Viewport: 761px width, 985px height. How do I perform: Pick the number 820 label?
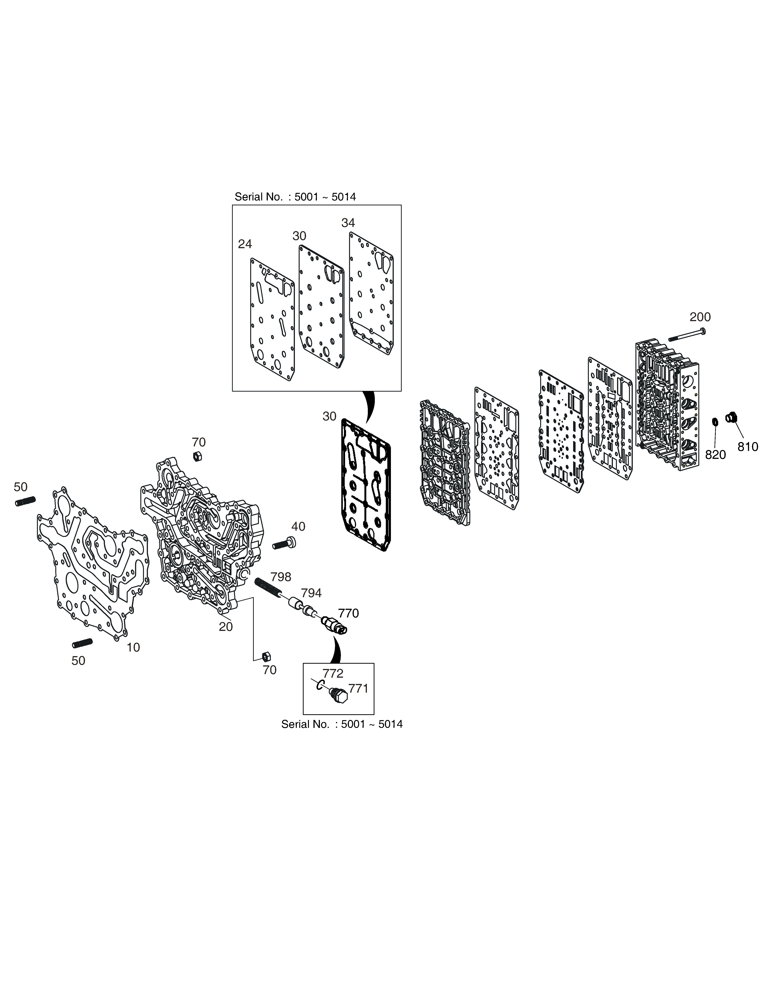click(x=716, y=455)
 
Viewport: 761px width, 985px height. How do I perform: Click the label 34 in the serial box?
click(x=348, y=223)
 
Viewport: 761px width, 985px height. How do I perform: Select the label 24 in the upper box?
click(x=245, y=244)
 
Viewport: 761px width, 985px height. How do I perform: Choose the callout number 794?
click(x=311, y=593)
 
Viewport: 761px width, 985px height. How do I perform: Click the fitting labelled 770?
click(x=334, y=626)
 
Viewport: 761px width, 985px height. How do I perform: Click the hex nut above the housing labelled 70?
click(x=197, y=456)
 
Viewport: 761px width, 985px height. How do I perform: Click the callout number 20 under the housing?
click(x=226, y=627)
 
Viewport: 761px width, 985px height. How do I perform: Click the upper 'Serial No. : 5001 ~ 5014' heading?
click(x=295, y=197)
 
